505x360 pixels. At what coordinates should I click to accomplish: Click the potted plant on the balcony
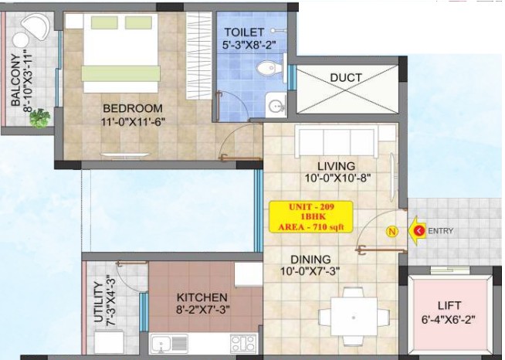(x=40, y=118)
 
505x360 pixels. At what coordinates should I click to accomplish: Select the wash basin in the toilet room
(x=276, y=105)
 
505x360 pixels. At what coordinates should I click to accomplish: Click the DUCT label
(x=346, y=78)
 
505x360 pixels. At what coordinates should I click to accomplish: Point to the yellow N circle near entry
(x=392, y=232)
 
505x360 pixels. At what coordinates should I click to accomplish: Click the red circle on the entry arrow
(x=419, y=231)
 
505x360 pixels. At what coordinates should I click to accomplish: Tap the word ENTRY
(x=441, y=231)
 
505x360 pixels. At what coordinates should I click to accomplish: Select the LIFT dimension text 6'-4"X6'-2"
(x=449, y=320)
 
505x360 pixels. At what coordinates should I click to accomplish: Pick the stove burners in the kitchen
(x=244, y=343)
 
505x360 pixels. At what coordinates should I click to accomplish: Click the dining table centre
(x=354, y=318)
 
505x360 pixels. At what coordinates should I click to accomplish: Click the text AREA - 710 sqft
(x=311, y=227)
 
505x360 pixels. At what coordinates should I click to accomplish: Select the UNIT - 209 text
(x=311, y=206)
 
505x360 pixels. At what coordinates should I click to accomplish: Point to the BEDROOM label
(x=133, y=108)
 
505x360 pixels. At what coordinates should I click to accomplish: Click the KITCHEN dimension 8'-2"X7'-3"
(x=203, y=310)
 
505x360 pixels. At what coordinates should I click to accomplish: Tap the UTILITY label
(x=98, y=302)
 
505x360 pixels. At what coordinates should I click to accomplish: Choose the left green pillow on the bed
(x=104, y=22)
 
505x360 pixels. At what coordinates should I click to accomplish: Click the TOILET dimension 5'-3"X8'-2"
(x=249, y=45)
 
